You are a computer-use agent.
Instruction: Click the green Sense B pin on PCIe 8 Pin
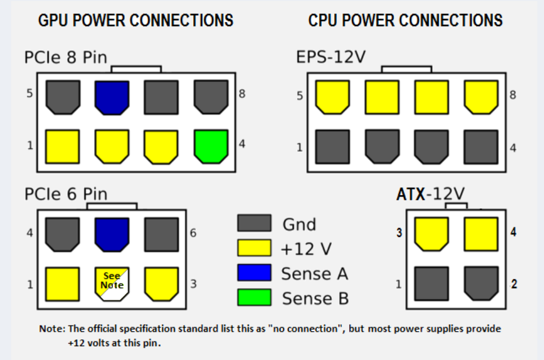[x=210, y=146]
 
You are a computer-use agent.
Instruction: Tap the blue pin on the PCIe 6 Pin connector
[x=112, y=233]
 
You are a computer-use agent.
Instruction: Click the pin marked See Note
[x=112, y=282]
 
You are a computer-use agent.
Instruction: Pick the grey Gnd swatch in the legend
[x=254, y=223]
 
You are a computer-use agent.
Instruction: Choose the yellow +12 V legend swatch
[x=254, y=248]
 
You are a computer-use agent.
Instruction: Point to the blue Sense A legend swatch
[x=254, y=273]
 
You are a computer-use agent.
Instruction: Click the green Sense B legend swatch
[x=254, y=297]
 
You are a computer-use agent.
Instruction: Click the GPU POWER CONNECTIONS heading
[x=135, y=21]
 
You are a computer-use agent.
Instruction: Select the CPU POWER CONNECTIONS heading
[x=405, y=21]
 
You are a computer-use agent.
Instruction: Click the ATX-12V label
[x=430, y=194]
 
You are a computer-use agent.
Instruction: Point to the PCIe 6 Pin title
[x=65, y=194]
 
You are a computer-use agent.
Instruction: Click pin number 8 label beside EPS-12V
[x=512, y=95]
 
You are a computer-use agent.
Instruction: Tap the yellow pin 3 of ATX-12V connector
[x=431, y=233]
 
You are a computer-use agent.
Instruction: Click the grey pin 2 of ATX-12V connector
[x=481, y=283]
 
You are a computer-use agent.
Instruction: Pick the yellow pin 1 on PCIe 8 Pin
[x=62, y=146]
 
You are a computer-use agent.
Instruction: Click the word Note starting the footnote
[x=49, y=329]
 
